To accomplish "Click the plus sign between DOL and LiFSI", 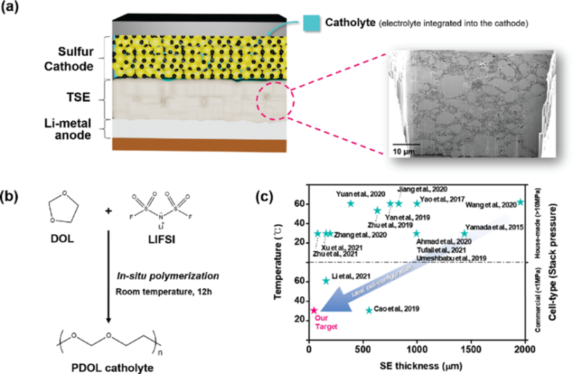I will click(109, 210).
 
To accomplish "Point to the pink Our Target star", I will click(313, 311).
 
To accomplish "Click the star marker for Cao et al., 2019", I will click(369, 310).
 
